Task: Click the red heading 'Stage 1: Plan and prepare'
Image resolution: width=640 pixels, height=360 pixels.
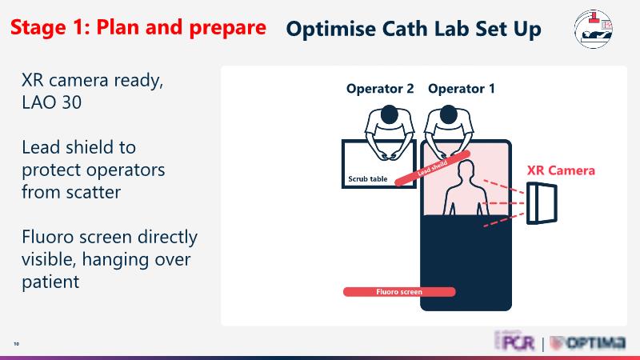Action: [x=138, y=27]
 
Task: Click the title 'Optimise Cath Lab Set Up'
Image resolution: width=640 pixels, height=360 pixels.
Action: [x=413, y=30]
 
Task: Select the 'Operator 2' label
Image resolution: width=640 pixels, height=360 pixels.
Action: [x=380, y=89]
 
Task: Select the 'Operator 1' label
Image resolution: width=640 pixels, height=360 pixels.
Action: [x=462, y=89]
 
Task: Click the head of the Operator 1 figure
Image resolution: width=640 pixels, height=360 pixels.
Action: [x=444, y=117]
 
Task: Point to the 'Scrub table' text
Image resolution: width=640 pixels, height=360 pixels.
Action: [x=368, y=179]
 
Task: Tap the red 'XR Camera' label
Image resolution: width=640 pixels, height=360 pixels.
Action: [x=561, y=170]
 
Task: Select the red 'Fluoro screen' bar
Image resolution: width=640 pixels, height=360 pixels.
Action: [x=399, y=292]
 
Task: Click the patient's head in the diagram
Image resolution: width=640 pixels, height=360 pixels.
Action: [x=463, y=170]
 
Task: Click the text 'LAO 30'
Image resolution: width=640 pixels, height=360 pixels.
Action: [x=53, y=102]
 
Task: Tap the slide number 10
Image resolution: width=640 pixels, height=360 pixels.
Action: [x=16, y=344]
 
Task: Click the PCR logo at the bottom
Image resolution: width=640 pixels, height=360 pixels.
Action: [x=513, y=343]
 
